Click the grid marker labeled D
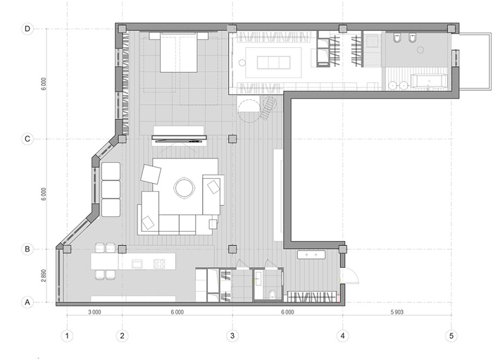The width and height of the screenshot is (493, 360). click(x=27, y=29)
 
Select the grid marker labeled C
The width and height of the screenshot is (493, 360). click(x=27, y=139)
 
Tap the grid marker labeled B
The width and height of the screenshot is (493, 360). click(x=27, y=249)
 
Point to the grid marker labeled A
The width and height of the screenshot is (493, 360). click(x=27, y=302)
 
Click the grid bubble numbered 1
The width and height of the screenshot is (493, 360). click(x=67, y=336)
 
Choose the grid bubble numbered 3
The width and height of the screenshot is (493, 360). click(x=232, y=336)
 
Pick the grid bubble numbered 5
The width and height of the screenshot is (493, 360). click(x=451, y=336)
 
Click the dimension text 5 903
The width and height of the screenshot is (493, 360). click(x=397, y=312)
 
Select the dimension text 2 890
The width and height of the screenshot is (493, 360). click(x=44, y=275)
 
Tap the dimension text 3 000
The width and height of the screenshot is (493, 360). click(x=94, y=312)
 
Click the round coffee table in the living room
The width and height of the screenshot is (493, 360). click(x=185, y=188)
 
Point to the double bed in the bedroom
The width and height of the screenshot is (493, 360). click(x=179, y=52)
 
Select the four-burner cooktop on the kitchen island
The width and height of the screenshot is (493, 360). click(x=159, y=263)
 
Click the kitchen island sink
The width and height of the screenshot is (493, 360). click(x=137, y=263)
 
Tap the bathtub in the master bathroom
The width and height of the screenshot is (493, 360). click(x=429, y=81)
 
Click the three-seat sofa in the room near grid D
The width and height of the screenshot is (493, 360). click(x=273, y=62)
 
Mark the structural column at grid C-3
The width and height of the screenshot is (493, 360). click(x=232, y=139)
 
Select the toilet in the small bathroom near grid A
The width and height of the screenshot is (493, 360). click(x=273, y=294)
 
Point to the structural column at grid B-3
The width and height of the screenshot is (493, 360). click(x=232, y=249)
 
